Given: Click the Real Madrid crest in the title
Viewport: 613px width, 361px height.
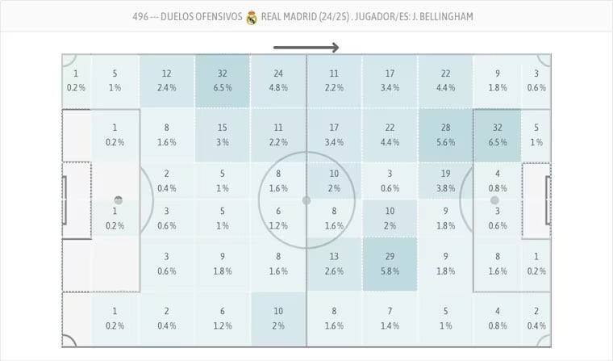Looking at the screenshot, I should (252, 17).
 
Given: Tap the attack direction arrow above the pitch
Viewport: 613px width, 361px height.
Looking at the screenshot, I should (306, 48).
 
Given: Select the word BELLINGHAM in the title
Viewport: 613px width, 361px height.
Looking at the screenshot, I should (446, 17).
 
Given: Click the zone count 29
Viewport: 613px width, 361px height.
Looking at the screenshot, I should (390, 256).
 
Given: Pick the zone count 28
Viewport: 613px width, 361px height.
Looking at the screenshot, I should (445, 128).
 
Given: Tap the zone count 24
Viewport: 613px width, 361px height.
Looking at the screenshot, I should (278, 73).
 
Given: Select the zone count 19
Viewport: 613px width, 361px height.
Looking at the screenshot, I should (445, 174).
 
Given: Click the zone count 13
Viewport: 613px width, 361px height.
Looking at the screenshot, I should (334, 256).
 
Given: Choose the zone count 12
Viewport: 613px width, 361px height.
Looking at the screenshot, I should (166, 73).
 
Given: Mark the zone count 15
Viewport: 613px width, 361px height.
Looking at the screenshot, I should (223, 128).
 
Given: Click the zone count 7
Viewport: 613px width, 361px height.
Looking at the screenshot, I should (390, 311).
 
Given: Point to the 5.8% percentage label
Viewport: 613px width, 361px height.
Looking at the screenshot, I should (390, 271).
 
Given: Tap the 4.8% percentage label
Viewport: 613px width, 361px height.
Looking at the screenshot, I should (278, 88).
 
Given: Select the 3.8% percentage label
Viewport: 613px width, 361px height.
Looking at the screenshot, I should (445, 188).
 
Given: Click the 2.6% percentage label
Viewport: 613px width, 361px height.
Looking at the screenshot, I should (334, 271).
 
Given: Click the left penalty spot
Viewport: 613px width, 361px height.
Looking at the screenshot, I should (119, 200).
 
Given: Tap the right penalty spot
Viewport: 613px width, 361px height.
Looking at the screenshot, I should (494, 200).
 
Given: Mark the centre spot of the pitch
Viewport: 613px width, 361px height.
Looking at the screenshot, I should (306, 200).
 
